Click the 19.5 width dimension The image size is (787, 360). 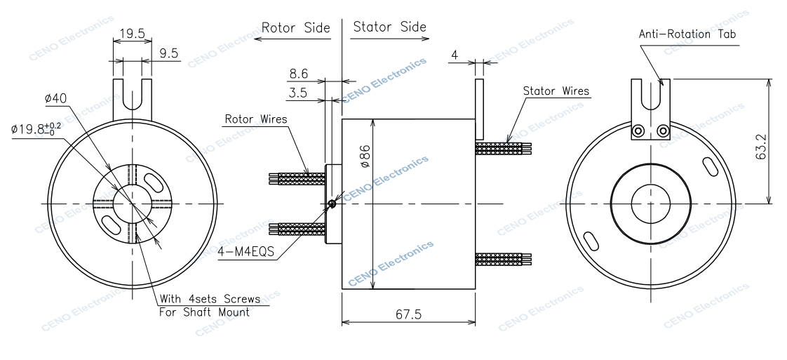[132, 34]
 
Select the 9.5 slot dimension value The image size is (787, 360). [168, 53]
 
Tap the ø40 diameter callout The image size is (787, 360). [55, 99]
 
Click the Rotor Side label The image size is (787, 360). [295, 28]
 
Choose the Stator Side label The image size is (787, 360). [389, 27]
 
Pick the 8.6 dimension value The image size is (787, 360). [298, 73]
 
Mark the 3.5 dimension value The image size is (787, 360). [297, 93]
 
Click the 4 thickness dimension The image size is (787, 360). [455, 54]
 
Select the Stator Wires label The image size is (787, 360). [556, 91]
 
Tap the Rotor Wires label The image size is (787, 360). [256, 119]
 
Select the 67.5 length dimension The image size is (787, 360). [408, 315]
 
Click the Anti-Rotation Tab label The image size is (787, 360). [687, 34]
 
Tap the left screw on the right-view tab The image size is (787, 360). [638, 131]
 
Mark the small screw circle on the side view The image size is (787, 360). [332, 204]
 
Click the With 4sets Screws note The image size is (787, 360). [210, 299]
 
